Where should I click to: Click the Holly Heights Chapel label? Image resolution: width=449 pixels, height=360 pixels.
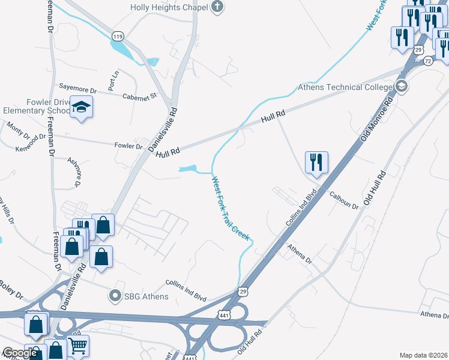(169, 7)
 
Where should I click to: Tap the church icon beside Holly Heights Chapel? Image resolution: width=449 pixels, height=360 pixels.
(217, 7)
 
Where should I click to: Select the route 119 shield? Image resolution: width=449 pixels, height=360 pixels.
(117, 37)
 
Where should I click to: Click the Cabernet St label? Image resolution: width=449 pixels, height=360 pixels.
(139, 96)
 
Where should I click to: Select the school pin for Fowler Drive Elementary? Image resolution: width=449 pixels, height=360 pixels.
(81, 107)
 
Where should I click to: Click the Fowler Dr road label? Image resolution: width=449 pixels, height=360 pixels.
(128, 146)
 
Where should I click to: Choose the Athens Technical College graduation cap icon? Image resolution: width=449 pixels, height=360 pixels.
(402, 87)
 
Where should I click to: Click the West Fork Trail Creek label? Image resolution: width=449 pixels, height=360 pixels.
(230, 208)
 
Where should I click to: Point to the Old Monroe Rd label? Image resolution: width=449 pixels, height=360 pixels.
(376, 120)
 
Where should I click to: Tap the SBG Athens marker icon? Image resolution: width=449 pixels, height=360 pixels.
(115, 296)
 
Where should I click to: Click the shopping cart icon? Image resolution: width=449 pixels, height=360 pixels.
(77, 346)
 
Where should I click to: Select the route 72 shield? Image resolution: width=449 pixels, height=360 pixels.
(427, 61)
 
